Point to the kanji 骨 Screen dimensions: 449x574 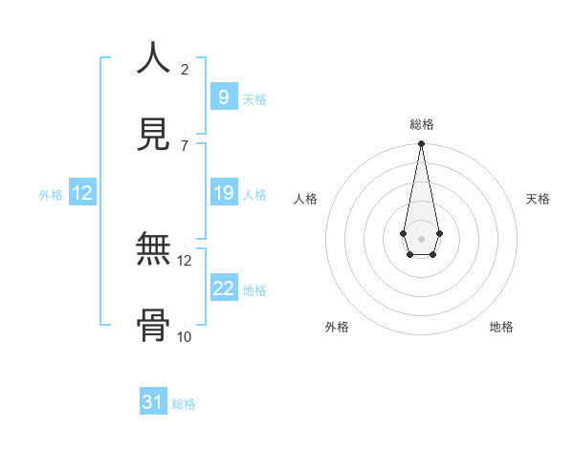(x=153, y=326)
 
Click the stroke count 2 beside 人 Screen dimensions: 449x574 (x=185, y=69)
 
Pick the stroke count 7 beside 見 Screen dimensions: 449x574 (x=185, y=145)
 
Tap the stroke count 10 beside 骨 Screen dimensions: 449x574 (x=184, y=336)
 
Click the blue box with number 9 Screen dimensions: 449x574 (x=223, y=96)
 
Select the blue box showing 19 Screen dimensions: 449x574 (x=223, y=193)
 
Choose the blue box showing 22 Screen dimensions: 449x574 (x=223, y=289)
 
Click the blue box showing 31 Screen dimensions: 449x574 (x=153, y=402)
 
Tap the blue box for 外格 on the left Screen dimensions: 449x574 (x=81, y=193)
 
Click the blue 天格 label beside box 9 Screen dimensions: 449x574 (x=254, y=98)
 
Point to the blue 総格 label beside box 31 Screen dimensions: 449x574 (x=184, y=404)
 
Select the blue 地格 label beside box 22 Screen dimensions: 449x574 (x=254, y=290)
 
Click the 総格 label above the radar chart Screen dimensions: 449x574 (x=421, y=124)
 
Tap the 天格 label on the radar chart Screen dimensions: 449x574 (x=538, y=199)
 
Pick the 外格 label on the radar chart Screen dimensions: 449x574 (x=337, y=327)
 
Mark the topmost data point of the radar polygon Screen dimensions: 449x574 (x=421, y=144)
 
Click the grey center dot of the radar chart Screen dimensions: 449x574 (x=421, y=237)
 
